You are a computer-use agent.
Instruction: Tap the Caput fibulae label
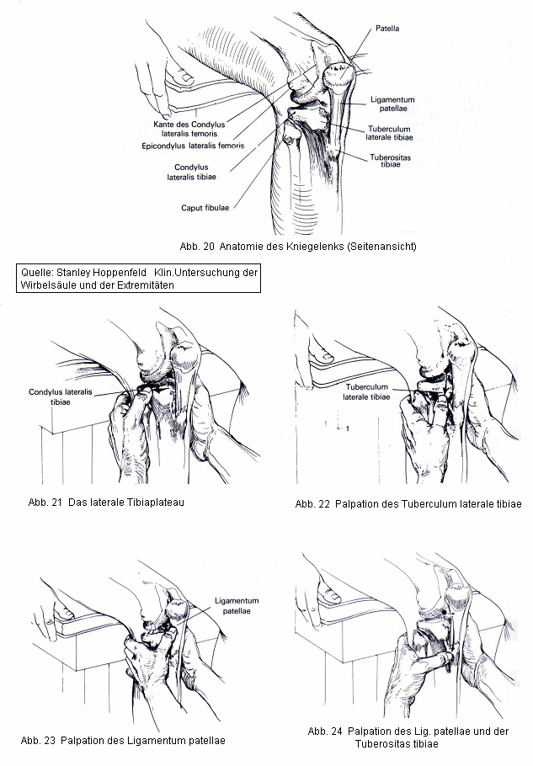205,207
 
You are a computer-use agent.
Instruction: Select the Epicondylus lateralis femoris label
193,146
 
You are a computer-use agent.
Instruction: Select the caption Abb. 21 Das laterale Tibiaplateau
106,503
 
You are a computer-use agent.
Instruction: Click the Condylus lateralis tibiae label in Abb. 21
61,396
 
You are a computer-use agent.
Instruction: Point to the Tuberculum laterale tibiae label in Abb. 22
367,392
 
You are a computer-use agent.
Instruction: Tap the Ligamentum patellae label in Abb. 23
237,607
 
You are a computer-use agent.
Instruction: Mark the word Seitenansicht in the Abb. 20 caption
380,247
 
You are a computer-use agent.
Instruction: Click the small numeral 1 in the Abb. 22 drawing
346,428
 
